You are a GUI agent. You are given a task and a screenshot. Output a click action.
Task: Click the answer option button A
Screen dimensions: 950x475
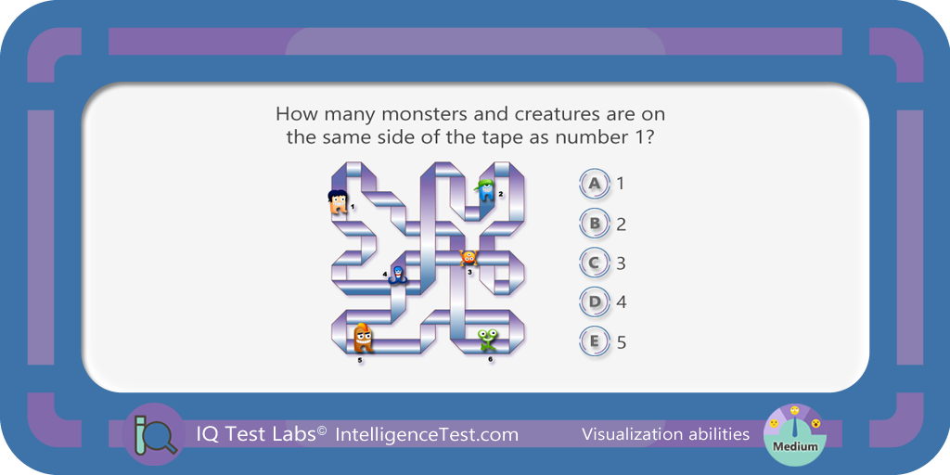click(x=595, y=184)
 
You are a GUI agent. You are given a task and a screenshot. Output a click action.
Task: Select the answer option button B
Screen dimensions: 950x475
click(x=595, y=224)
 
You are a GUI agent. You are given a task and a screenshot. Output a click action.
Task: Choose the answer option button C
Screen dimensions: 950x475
click(x=595, y=263)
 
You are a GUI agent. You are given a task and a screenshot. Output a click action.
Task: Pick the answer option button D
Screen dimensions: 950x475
click(x=595, y=302)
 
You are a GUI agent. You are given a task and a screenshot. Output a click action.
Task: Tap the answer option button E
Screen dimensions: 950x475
click(x=595, y=342)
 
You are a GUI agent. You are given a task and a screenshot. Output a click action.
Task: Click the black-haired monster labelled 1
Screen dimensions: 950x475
click(x=338, y=202)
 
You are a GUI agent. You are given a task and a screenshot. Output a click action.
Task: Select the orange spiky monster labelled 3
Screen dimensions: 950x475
click(x=469, y=258)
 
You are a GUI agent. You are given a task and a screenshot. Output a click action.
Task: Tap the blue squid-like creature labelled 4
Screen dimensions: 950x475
click(x=397, y=275)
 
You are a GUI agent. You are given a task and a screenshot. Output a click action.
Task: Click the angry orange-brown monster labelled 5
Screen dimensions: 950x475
click(x=363, y=338)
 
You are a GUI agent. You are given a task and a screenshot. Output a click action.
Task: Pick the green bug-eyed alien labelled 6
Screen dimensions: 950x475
click(x=487, y=340)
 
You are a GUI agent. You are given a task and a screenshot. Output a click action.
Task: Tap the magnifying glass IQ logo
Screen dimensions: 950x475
click(x=154, y=434)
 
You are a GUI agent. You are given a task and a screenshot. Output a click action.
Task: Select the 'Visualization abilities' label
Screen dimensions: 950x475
click(x=665, y=434)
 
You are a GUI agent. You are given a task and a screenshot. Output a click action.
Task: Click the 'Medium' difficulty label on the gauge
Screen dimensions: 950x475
click(x=794, y=447)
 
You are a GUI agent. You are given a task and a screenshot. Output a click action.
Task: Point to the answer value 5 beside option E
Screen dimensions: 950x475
click(x=621, y=343)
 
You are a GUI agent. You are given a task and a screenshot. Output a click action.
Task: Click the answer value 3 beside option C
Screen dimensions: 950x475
click(x=621, y=263)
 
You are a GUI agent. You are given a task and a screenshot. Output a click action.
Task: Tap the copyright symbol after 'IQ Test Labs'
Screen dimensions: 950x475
click(x=322, y=430)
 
